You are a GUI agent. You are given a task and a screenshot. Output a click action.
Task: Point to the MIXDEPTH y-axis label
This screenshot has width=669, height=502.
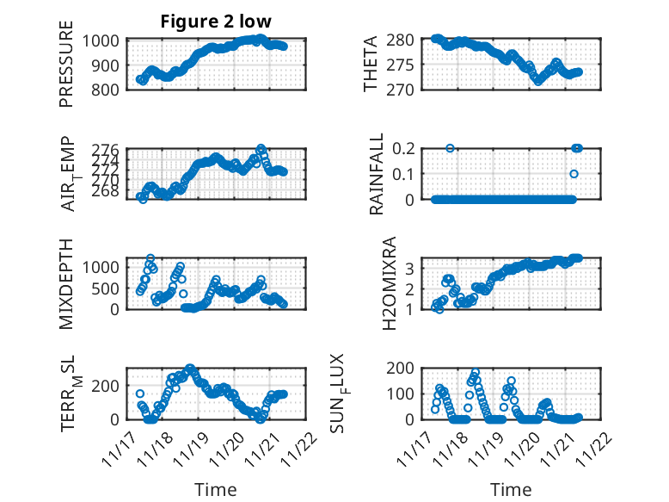66,283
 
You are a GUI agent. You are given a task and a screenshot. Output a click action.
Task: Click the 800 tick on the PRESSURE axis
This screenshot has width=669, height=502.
109,89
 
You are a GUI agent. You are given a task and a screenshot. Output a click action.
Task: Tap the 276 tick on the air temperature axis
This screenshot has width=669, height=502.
109,150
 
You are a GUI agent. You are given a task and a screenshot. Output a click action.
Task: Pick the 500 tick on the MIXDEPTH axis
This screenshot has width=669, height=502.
109,287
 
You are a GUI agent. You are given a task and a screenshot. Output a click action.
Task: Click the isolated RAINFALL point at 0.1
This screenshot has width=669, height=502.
574,174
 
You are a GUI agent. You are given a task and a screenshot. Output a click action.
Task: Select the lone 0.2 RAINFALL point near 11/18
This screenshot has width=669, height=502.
450,148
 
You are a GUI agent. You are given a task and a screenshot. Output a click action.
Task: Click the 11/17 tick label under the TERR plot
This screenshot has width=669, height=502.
120,446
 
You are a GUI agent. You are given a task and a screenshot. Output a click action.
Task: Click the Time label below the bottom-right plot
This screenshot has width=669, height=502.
511,490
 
